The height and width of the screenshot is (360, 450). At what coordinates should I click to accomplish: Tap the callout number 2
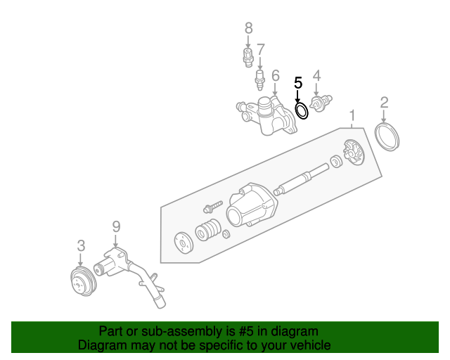[384, 103]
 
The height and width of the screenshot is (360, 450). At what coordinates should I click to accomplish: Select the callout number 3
[81, 245]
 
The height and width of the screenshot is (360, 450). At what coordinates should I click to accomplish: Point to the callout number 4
[316, 75]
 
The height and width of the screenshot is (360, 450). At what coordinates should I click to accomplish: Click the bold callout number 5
[297, 82]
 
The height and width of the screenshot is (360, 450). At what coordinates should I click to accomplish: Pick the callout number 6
[275, 75]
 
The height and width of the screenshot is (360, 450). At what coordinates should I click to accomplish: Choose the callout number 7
[260, 50]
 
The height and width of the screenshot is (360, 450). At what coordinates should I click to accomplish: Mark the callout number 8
[247, 28]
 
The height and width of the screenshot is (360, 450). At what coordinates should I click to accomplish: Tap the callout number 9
[116, 226]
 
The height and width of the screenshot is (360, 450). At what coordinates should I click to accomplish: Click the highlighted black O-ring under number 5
[302, 110]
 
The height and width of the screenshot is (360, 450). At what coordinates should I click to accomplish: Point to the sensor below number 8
[248, 56]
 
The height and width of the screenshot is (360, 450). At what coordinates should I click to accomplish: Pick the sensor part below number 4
[321, 103]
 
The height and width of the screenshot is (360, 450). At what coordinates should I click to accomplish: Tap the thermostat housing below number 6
[267, 117]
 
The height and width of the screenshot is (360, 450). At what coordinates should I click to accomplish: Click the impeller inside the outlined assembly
[352, 153]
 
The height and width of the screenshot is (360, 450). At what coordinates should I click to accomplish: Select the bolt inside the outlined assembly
[212, 207]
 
